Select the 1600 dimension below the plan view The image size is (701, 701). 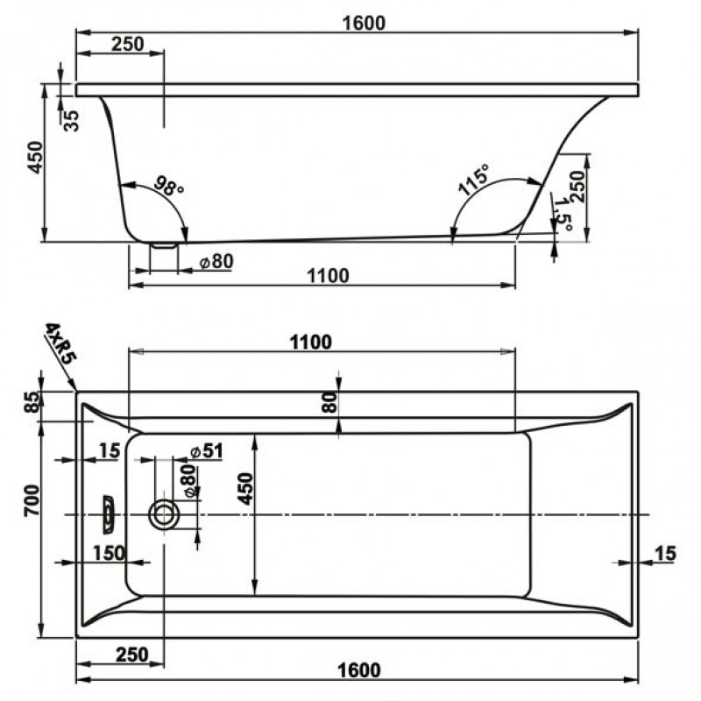coord(359,670)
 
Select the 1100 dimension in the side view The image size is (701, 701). coord(328,276)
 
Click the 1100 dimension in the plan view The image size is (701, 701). coord(310,342)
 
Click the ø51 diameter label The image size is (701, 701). coord(208,451)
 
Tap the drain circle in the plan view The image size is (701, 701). coord(163,513)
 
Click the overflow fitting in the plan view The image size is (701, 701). coord(107,513)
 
